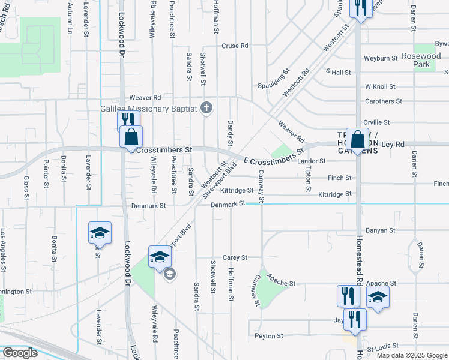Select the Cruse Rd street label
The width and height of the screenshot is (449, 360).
(x=235, y=46)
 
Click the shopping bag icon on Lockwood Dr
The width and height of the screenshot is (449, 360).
(x=131, y=137)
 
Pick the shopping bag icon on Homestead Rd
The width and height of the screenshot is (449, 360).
(x=357, y=140)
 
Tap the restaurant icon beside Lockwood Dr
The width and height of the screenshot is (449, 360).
(x=128, y=120)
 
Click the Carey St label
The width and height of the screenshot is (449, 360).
(x=235, y=257)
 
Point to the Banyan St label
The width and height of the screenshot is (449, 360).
(x=380, y=230)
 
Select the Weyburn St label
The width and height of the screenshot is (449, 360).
(x=381, y=58)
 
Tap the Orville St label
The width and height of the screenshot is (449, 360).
(x=377, y=122)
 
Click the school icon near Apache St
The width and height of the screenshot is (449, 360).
(x=378, y=298)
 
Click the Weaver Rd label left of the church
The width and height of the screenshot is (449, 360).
(x=145, y=97)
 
